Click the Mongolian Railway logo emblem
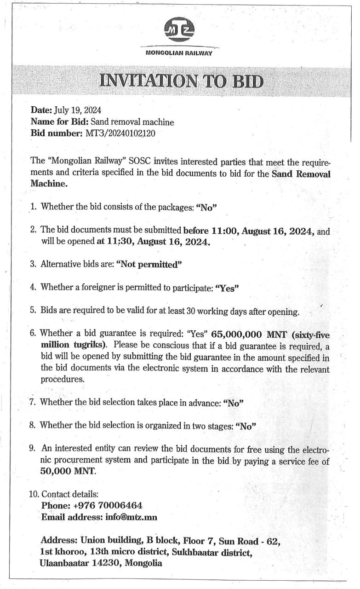(179, 31)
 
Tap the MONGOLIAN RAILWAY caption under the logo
(179, 53)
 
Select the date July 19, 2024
(78, 110)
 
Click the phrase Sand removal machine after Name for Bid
(132, 122)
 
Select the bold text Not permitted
(150, 265)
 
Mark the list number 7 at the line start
(33, 402)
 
